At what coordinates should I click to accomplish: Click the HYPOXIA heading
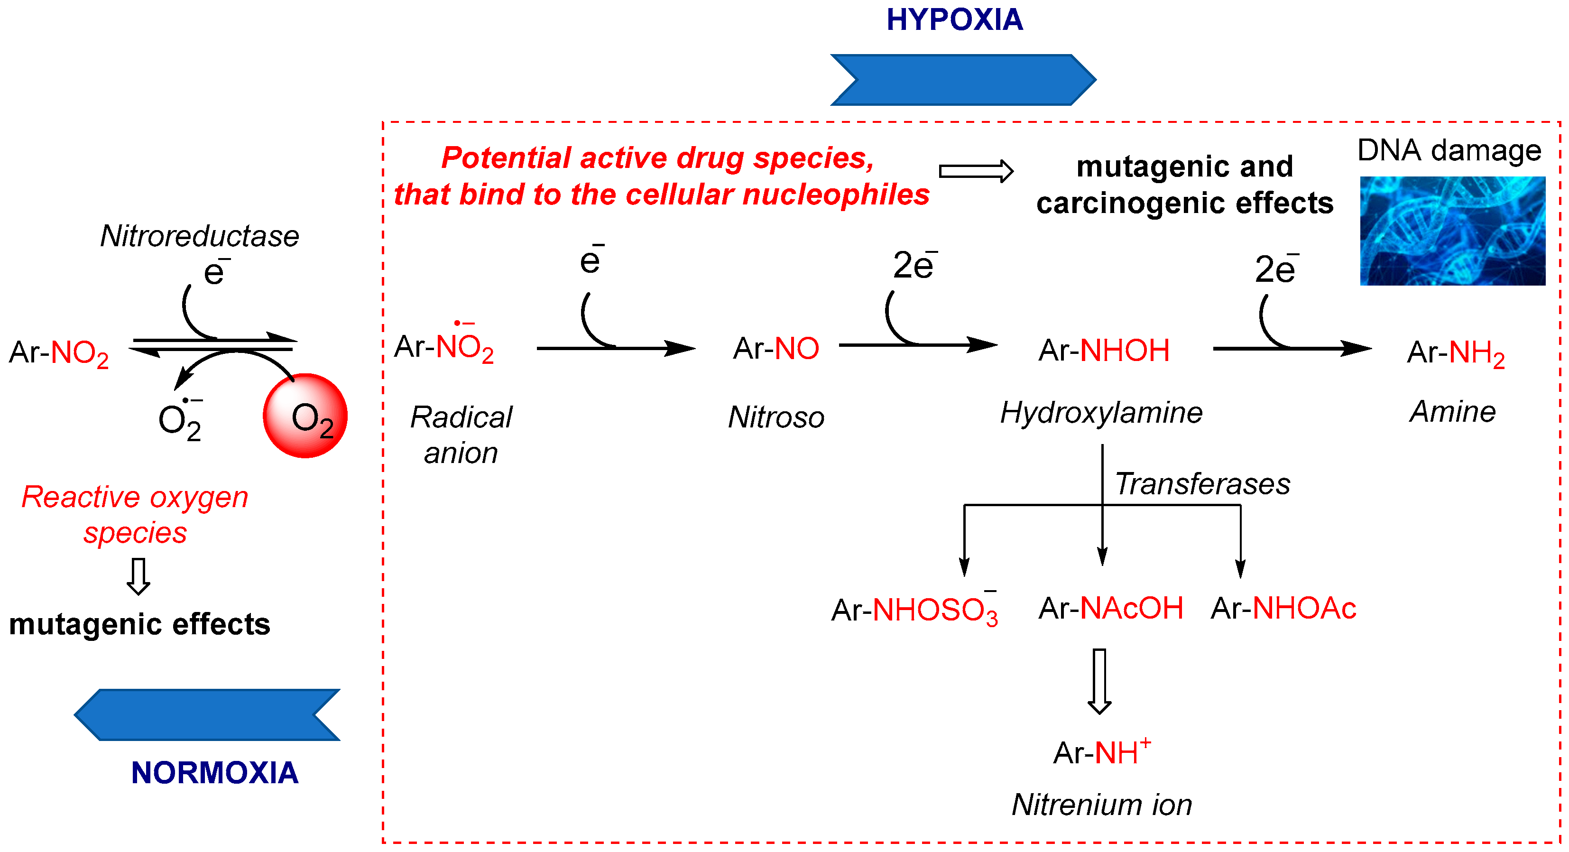[954, 19]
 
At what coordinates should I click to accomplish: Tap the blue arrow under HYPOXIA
[962, 80]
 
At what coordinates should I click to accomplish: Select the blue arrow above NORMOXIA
[207, 714]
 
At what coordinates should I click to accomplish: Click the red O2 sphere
[305, 416]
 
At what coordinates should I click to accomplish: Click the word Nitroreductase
[199, 236]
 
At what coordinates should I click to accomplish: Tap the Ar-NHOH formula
[1104, 350]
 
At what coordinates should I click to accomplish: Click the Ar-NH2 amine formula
[1455, 352]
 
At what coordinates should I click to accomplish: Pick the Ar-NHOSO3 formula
[914, 610]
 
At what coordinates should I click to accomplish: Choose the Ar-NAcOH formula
[1110, 608]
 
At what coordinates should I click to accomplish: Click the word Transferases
[1202, 484]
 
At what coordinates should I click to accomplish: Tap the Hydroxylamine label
[1101, 412]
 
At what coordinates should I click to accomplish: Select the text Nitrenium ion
[1101, 805]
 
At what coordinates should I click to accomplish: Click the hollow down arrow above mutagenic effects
[138, 575]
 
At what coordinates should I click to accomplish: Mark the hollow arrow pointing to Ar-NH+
[1099, 681]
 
